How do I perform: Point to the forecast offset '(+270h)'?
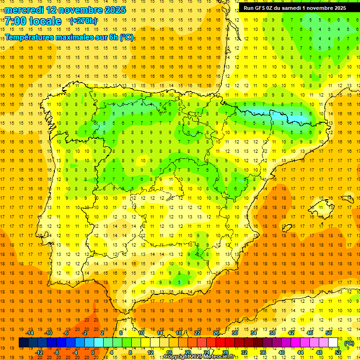(83, 21)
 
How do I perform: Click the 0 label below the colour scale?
(93, 352)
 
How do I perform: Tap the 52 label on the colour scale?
(338, 352)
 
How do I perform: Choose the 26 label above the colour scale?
(216, 333)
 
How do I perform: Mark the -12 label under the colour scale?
(39, 352)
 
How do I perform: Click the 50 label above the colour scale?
(328, 333)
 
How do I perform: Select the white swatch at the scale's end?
(333, 343)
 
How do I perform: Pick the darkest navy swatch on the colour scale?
(23, 343)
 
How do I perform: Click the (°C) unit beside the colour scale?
(349, 343)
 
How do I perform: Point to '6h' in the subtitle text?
(113, 37)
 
